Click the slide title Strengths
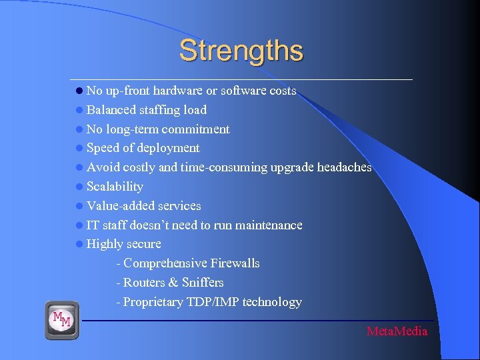(241, 51)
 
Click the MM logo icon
(62, 320)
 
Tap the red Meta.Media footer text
(397, 331)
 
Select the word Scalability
(115, 187)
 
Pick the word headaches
(339, 167)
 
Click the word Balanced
(110, 110)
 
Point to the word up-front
(127, 91)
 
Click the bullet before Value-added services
(79, 206)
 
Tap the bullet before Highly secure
(79, 245)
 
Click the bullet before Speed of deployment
(79, 148)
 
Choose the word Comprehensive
(165, 263)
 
